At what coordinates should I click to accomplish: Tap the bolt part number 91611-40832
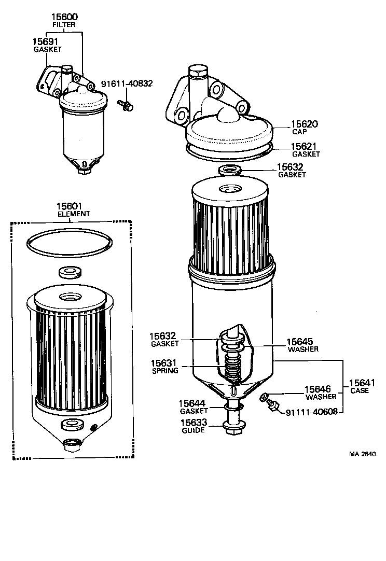point(127,83)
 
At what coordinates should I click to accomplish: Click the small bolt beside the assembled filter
point(126,105)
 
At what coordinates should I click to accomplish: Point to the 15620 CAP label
point(304,124)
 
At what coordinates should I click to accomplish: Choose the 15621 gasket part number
point(304,146)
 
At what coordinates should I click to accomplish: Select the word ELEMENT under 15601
point(74,214)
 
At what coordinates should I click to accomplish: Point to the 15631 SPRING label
point(165,363)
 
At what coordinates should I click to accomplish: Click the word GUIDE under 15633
point(193,430)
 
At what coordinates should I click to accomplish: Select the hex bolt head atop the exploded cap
point(197,72)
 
